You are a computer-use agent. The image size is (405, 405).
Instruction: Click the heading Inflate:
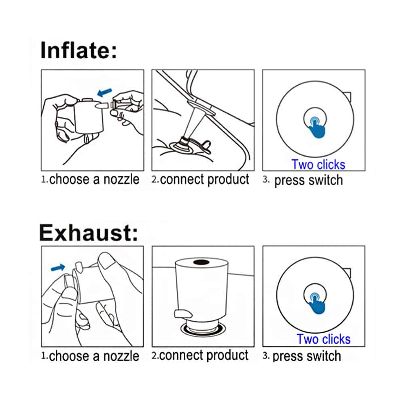point(79,50)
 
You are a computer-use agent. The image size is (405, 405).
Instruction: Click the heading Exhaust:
point(89,233)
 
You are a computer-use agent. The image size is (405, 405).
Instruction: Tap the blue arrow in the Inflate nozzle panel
point(105,93)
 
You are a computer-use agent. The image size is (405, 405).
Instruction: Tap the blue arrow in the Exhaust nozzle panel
point(58,267)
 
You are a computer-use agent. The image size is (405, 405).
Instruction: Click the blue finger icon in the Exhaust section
point(316,304)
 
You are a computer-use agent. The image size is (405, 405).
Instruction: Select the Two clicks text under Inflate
point(318,165)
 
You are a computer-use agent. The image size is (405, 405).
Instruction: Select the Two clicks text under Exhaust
point(323,339)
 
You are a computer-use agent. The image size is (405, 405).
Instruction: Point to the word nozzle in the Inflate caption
point(121,179)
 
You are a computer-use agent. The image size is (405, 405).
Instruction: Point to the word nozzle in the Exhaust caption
point(121,356)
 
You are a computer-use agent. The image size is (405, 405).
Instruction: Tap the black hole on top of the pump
point(201,263)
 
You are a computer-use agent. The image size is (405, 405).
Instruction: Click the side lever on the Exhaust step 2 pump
point(183,314)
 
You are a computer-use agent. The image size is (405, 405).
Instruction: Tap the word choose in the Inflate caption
point(69,179)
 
